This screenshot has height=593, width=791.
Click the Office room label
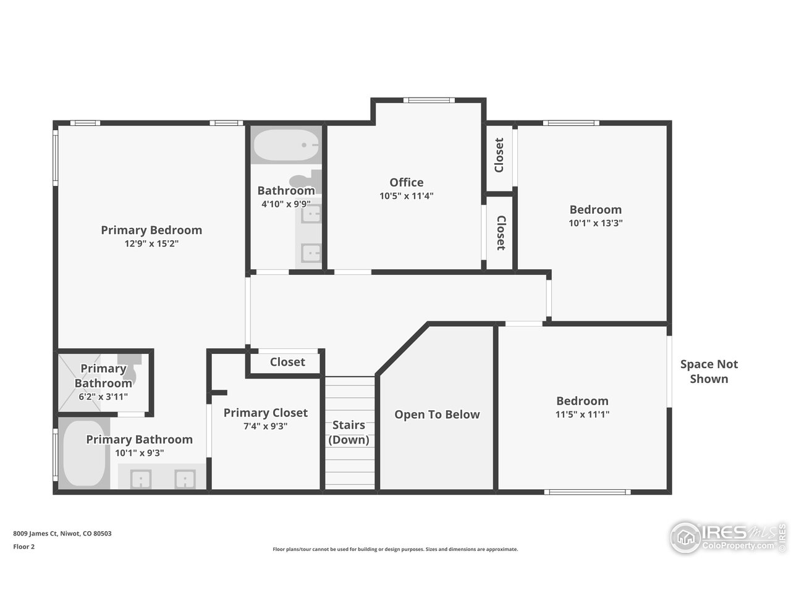pos(406,182)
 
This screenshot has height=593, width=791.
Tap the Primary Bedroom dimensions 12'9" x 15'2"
pos(151,243)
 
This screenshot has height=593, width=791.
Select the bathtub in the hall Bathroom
pos(286,146)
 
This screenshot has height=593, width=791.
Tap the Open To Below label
pos(437,414)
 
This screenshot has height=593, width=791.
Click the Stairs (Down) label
pos(349,432)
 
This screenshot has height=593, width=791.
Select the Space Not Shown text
pos(709,371)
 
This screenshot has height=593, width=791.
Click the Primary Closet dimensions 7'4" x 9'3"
pos(264,426)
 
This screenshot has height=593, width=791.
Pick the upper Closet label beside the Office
pos(499,155)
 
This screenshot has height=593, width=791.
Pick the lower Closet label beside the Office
pos(500,233)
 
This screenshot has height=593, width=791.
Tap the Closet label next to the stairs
pos(287,362)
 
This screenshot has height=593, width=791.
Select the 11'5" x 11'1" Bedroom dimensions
pos(582,414)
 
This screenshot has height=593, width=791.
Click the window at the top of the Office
pos(428,100)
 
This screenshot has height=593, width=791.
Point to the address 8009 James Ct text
pos(62,534)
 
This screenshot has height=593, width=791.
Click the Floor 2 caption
pos(24,547)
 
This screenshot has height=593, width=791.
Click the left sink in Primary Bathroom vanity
pos(143,479)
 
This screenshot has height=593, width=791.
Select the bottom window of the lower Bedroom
pos(588,492)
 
